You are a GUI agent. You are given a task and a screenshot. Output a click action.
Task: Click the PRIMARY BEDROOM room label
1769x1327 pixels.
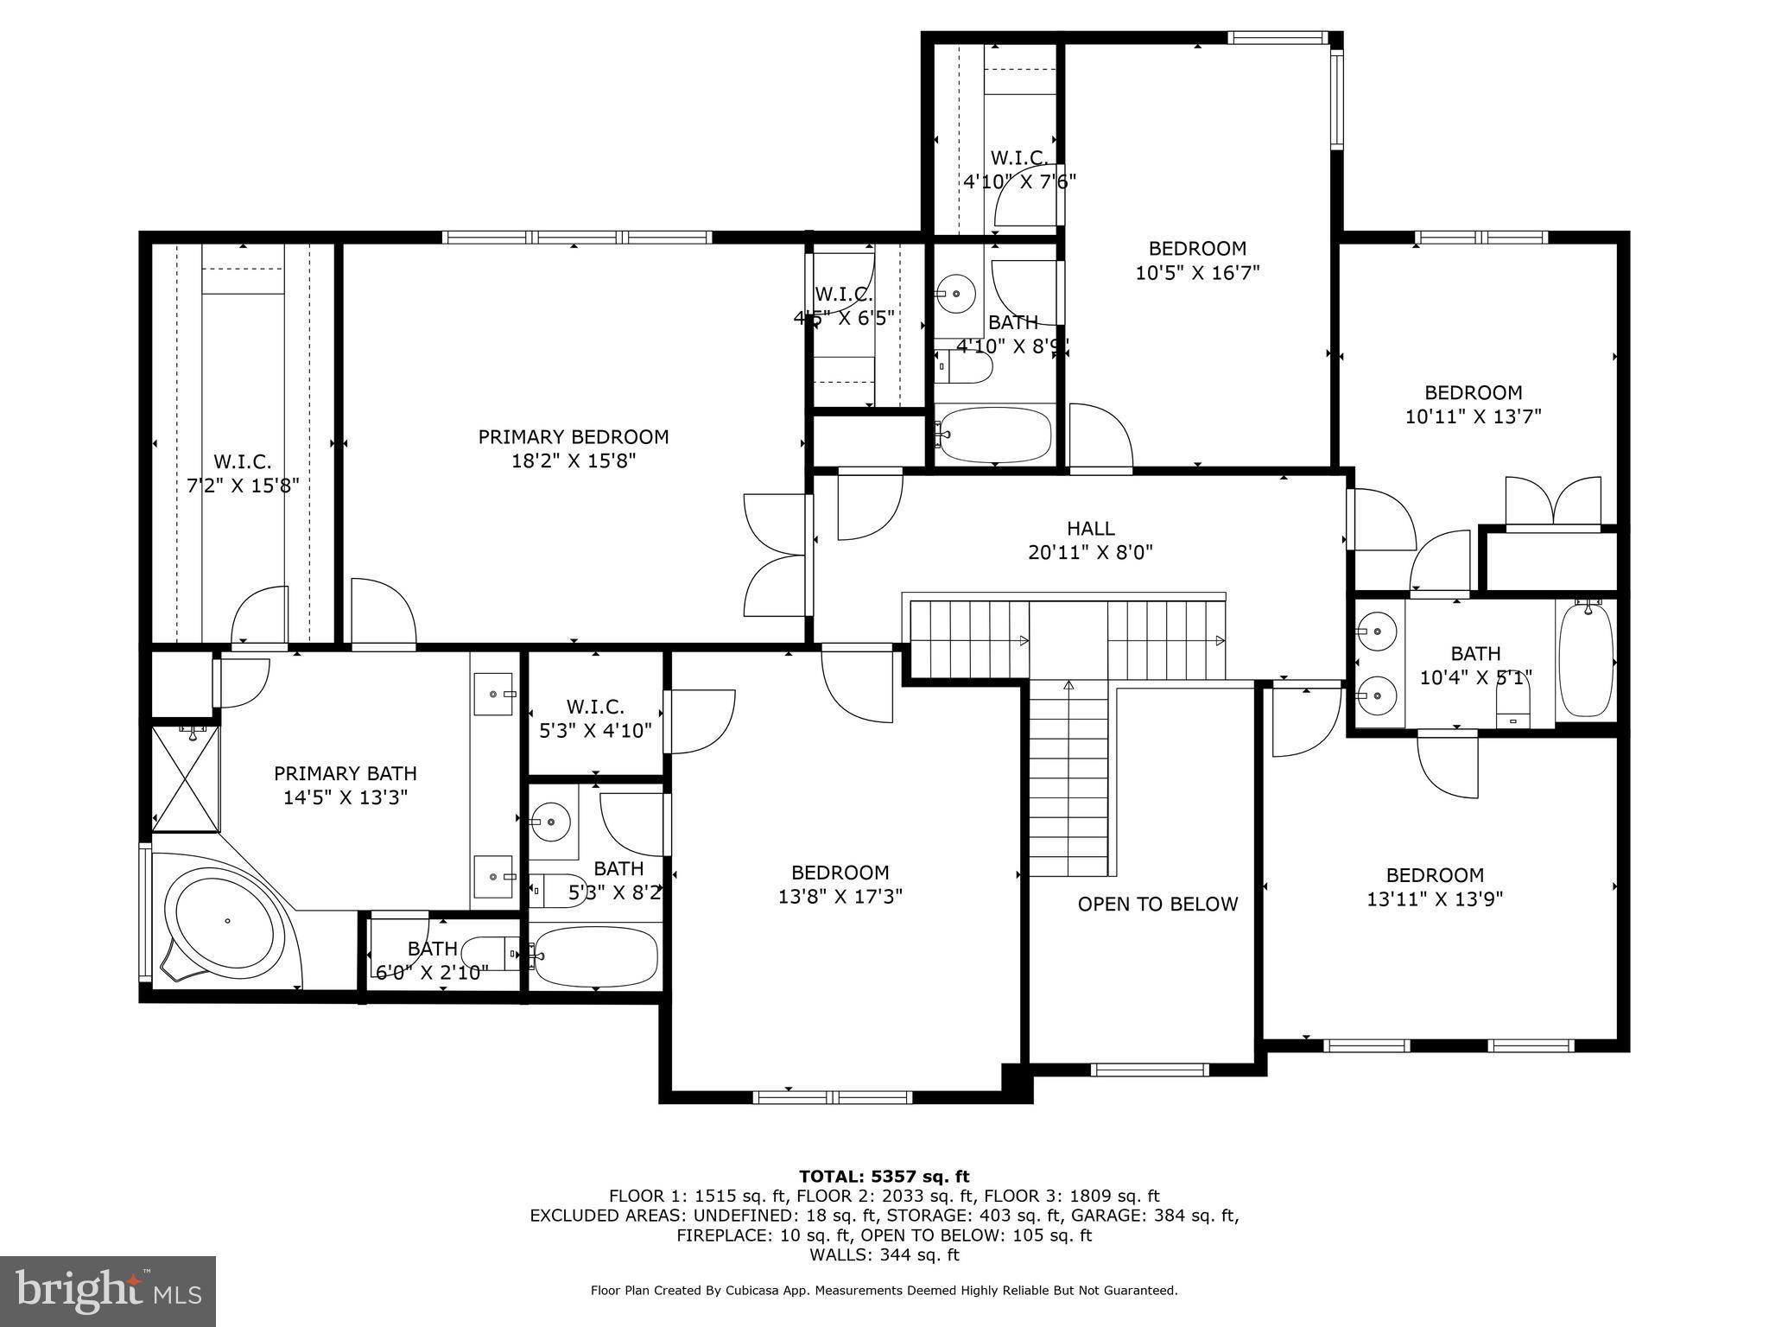(574, 437)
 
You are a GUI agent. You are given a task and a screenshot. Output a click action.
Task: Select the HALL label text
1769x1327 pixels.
(1090, 528)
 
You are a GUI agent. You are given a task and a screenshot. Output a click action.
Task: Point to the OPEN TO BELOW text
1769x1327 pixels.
(1157, 904)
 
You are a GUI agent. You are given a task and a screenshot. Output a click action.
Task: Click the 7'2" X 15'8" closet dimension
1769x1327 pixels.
(243, 486)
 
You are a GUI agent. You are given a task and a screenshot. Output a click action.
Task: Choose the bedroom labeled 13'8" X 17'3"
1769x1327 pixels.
(840, 885)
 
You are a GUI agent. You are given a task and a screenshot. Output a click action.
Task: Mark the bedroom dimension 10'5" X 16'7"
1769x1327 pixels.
(1197, 273)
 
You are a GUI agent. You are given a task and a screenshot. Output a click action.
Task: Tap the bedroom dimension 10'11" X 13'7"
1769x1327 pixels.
(1473, 416)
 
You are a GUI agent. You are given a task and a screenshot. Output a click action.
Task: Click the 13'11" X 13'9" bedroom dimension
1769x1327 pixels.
(1435, 899)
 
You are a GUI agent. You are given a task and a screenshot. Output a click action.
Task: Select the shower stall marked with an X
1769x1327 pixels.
(185, 778)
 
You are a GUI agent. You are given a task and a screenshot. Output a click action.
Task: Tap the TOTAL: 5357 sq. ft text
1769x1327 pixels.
(884, 1176)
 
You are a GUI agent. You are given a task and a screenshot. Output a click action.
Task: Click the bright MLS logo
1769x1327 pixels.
(108, 1291)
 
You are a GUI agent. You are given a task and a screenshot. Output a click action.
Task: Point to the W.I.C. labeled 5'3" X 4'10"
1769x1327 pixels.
(595, 719)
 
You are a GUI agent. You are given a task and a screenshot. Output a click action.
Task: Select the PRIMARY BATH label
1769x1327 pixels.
(346, 773)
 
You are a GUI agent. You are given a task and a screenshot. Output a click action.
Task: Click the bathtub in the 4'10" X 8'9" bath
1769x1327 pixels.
(995, 435)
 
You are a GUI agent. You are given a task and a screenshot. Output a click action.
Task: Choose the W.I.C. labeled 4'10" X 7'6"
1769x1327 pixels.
(1019, 169)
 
